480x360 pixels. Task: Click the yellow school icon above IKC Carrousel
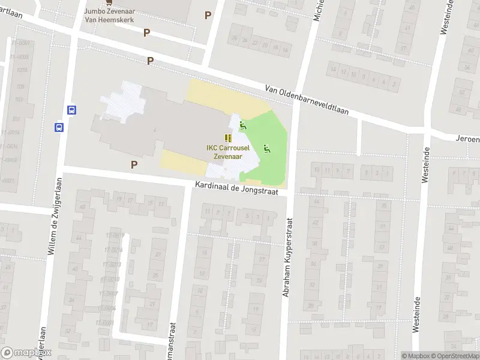pyautogui.click(x=228, y=138)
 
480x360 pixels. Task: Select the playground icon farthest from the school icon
pyautogui.click(x=266, y=148)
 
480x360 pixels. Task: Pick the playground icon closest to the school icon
pyautogui.click(x=242, y=125)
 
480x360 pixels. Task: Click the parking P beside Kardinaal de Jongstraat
pyautogui.click(x=134, y=164)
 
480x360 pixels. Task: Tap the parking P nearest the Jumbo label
pyautogui.click(x=146, y=32)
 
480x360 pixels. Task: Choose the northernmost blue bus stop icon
pyautogui.click(x=71, y=110)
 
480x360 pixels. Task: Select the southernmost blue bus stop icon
pyautogui.click(x=59, y=127)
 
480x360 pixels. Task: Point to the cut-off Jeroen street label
pyautogui.click(x=467, y=139)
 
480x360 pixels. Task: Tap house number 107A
pyautogui.click(x=23, y=70)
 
